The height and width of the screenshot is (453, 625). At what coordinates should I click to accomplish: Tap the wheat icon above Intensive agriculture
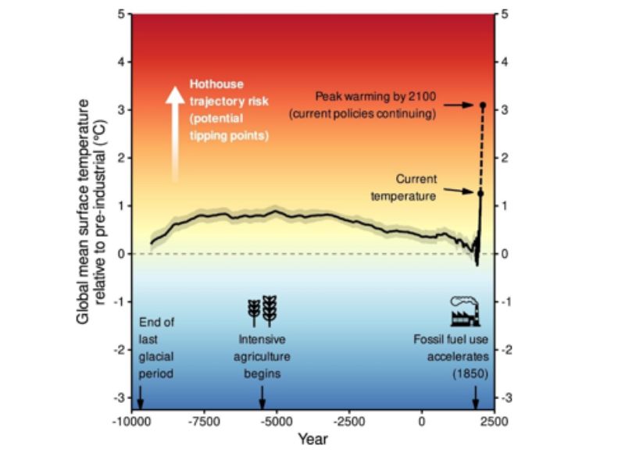[262, 311]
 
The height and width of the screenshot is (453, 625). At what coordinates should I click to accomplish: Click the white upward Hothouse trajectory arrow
[175, 133]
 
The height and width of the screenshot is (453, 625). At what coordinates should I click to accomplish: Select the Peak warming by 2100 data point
[483, 105]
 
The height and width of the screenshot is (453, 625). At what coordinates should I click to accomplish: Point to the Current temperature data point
[480, 192]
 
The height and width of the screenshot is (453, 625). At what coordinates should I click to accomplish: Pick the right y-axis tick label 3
[507, 110]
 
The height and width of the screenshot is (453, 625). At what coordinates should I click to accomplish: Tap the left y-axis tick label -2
[118, 350]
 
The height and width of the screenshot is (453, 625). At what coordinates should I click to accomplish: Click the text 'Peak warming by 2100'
[376, 96]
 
